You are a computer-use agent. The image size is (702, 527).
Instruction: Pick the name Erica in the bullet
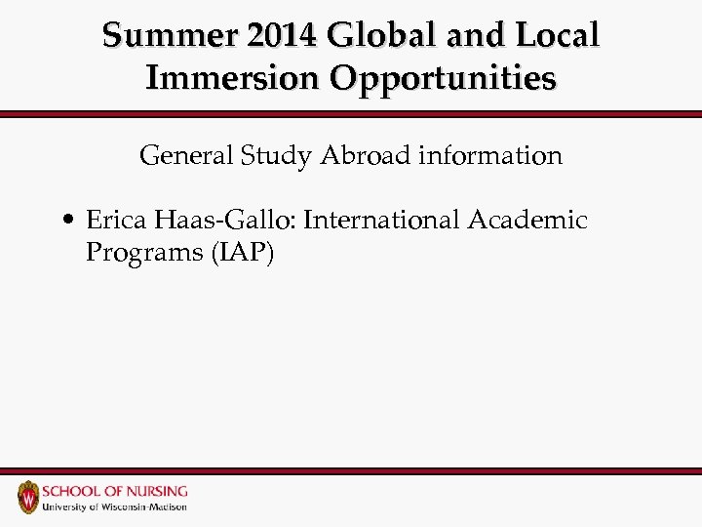114,221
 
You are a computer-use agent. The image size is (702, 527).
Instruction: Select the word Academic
527,221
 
